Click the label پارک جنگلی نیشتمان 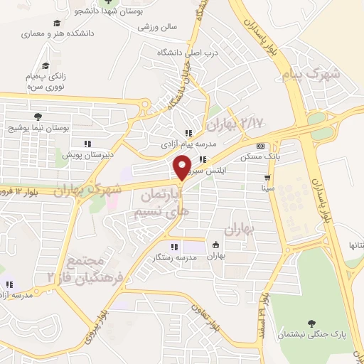(310, 334)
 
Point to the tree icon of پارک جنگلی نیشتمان (310, 322)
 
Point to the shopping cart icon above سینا (267, 178)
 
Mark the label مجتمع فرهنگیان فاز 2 (85, 263)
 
